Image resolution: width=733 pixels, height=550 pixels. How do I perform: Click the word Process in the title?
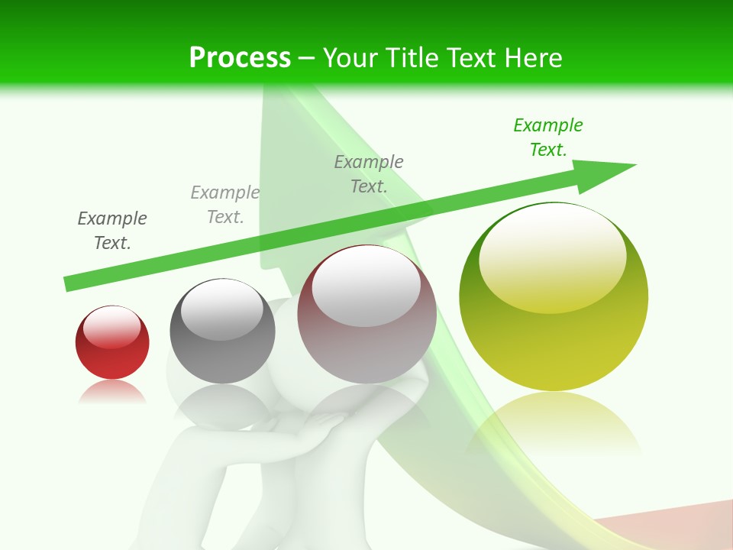click(240, 58)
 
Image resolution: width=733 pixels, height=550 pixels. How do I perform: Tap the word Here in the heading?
click(531, 58)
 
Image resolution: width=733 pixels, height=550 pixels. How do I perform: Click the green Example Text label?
click(548, 137)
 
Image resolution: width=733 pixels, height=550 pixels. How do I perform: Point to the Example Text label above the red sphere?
click(112, 231)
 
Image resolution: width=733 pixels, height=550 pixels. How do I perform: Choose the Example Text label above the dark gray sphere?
click(225, 205)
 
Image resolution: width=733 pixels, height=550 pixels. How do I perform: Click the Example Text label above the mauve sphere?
click(369, 173)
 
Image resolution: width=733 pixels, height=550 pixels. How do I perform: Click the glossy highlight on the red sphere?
click(111, 327)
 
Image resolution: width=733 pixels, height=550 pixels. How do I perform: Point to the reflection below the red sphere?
click(112, 392)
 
